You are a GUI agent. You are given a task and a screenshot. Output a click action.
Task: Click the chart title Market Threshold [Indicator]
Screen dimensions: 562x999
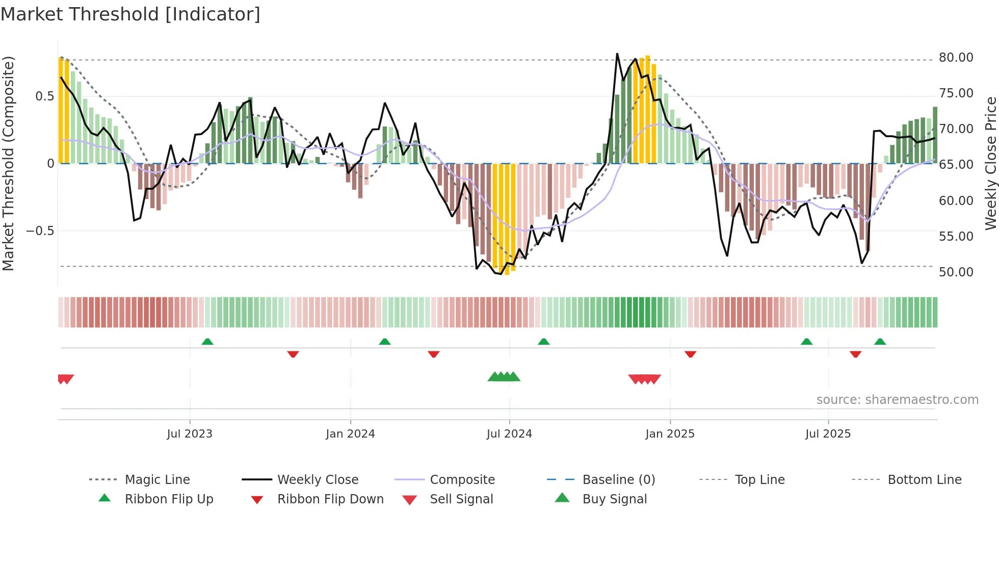(x=130, y=14)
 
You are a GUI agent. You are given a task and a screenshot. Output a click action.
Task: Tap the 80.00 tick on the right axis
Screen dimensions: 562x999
(x=956, y=58)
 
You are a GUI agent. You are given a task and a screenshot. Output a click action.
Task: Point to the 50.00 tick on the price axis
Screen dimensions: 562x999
(x=956, y=272)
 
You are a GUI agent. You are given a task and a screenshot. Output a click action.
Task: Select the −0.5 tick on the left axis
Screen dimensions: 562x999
(x=40, y=231)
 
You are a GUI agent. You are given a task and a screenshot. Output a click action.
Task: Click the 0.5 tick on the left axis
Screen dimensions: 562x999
(x=44, y=96)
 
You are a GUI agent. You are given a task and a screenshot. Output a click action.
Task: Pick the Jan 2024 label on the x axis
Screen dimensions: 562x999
(x=350, y=434)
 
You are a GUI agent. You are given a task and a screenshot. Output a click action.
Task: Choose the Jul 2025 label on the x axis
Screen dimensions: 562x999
(x=828, y=434)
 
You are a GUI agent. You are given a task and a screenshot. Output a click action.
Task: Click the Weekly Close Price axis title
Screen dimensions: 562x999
(x=990, y=163)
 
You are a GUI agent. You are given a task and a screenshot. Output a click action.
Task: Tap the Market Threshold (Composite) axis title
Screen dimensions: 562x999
(x=8, y=163)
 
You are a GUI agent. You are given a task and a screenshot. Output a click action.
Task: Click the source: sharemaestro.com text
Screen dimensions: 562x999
(x=897, y=400)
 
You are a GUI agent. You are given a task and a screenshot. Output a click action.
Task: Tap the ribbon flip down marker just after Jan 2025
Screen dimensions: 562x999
(x=690, y=354)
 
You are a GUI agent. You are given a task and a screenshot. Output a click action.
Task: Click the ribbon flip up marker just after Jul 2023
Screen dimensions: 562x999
(x=207, y=342)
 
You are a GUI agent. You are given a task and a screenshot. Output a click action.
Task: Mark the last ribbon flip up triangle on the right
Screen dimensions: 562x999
(x=880, y=342)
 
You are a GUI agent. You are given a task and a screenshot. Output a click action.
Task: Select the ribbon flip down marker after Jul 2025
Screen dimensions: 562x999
(x=855, y=354)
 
